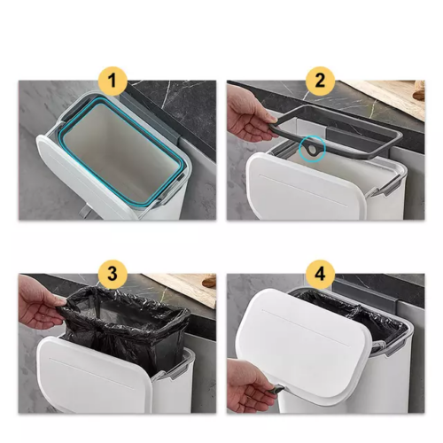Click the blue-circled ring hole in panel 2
click(312, 152)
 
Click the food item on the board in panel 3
click(208, 283)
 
